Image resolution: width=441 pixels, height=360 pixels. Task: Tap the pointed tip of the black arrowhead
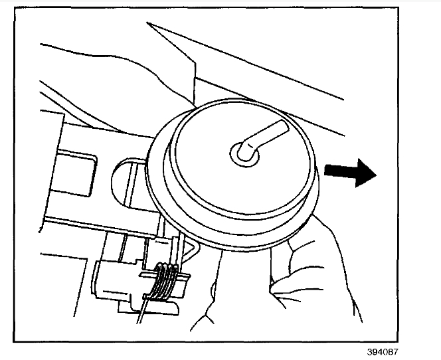(x=377, y=175)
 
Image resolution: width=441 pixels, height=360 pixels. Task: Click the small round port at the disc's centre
(x=240, y=153)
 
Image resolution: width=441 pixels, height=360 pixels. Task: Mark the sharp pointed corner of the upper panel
(x=148, y=25)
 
